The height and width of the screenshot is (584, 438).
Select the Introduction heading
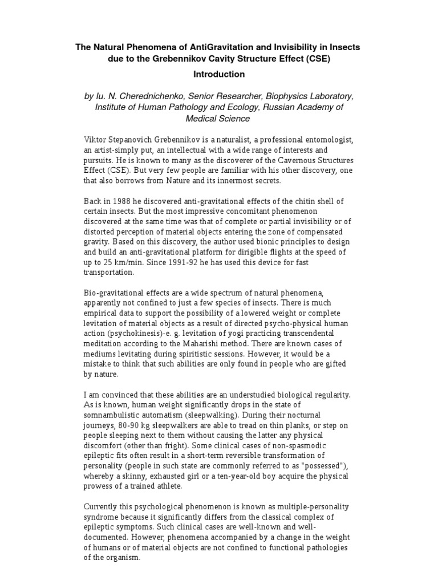219,74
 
